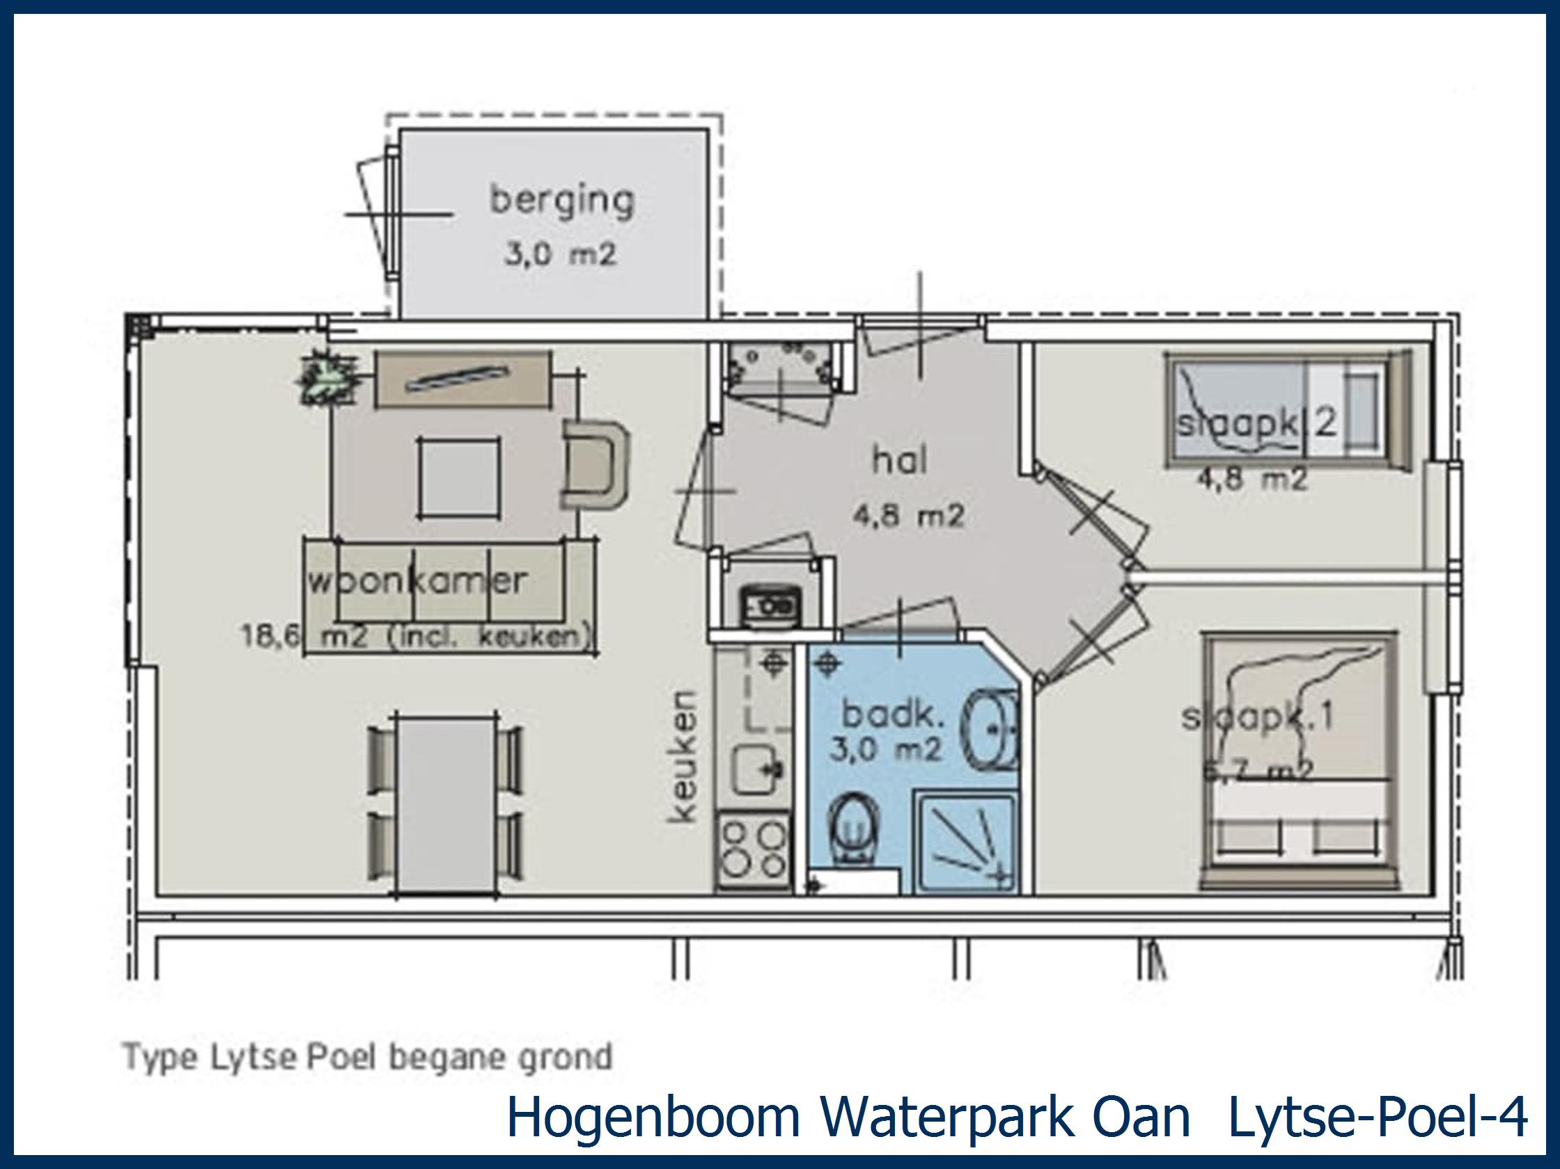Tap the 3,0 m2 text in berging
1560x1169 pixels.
561,254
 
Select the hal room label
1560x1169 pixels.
900,461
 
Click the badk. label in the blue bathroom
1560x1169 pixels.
893,715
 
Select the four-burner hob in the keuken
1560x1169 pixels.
753,850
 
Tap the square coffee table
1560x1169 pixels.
459,478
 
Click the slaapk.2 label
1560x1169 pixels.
1256,423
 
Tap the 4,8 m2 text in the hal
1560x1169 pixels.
908,517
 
